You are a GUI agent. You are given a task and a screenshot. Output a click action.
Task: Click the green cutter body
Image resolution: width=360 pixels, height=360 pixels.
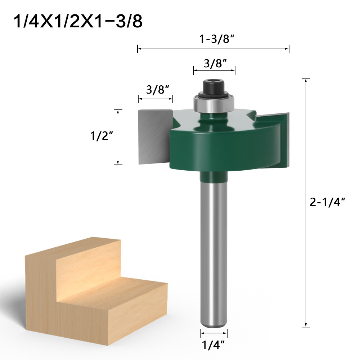click(223, 148)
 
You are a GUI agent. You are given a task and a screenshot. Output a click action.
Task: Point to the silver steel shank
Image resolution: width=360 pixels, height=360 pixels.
click(214, 252)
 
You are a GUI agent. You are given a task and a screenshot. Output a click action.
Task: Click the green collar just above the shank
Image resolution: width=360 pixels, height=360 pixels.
click(214, 177)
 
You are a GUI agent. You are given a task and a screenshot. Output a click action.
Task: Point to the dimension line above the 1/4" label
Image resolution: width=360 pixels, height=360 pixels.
click(214, 333)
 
